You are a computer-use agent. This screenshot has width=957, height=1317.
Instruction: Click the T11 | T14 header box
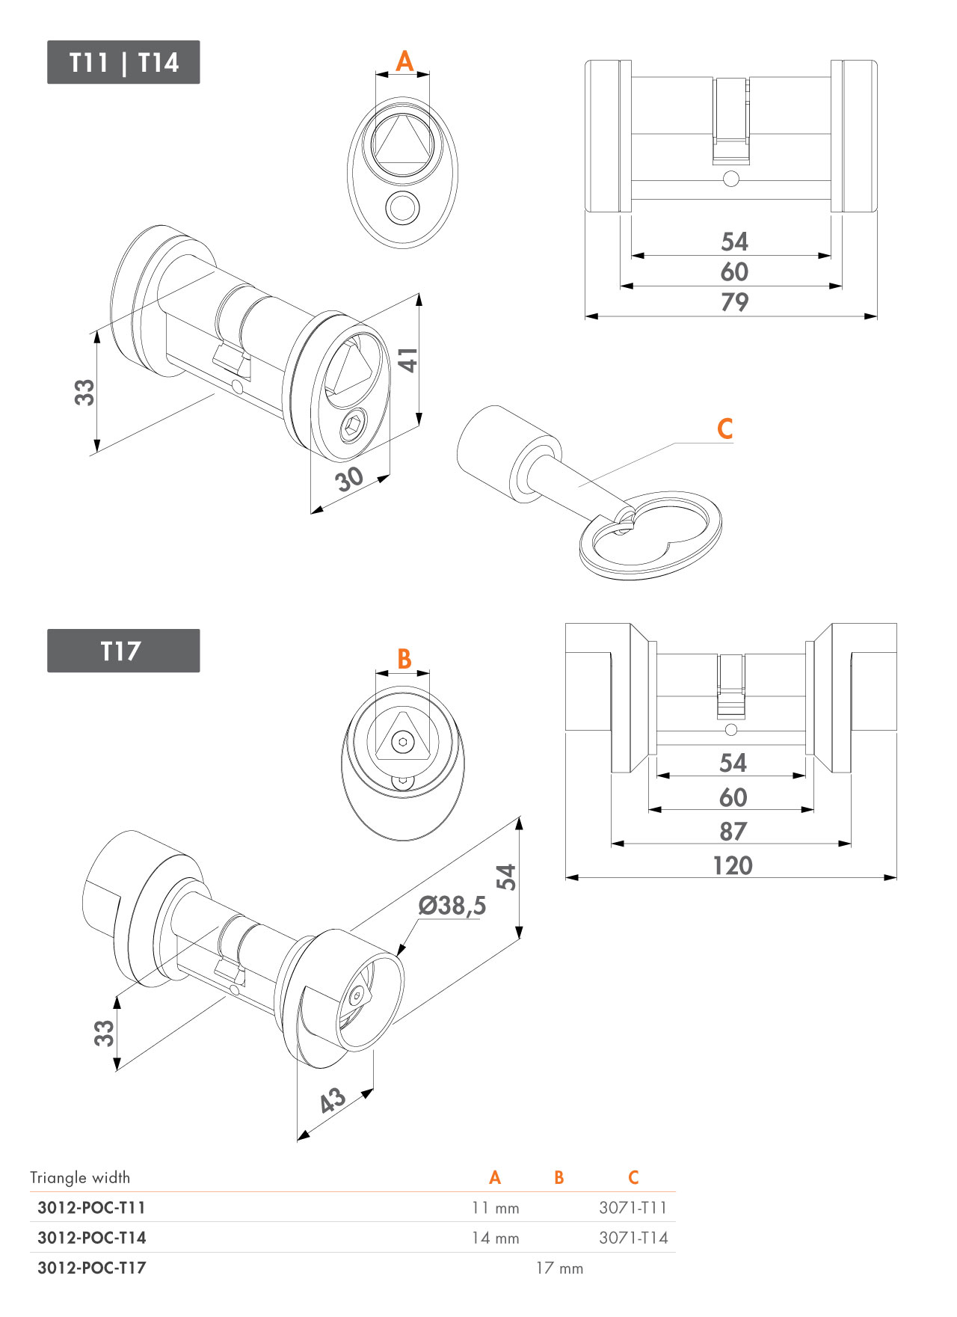pos(123,62)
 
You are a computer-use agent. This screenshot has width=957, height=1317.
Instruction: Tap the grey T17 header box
pos(123,651)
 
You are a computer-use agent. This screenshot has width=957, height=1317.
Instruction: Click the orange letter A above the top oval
pos(404,61)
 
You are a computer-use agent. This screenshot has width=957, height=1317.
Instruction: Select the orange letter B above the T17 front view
pos(404,659)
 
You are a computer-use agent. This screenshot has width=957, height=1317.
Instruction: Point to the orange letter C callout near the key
pos(724,429)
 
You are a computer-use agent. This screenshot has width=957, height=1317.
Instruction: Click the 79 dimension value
pos(734,302)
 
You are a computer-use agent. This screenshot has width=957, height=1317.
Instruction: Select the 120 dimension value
pos(733,865)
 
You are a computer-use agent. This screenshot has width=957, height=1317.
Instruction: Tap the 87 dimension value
pos(733,832)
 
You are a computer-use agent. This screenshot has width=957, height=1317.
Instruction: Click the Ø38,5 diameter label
pos(452,906)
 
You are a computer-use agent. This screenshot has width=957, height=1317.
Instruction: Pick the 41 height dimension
pos(408,360)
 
